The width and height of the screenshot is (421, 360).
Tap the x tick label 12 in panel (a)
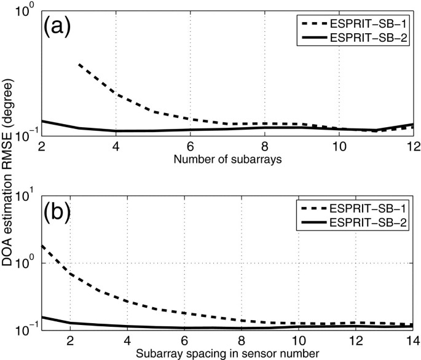[x=411, y=148]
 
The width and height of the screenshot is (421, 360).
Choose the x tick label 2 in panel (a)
[x=42, y=148]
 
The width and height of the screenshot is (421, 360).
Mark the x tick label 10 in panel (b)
[x=298, y=340]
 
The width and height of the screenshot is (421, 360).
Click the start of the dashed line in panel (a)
[x=79, y=64]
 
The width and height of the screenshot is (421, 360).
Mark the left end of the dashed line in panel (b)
[x=42, y=245]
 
